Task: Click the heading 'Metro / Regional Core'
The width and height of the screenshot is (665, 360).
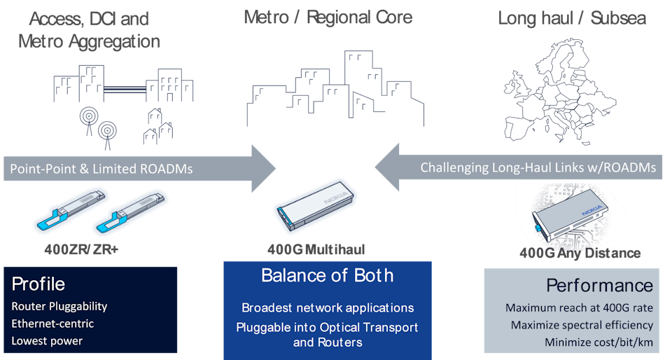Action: pyautogui.click(x=328, y=17)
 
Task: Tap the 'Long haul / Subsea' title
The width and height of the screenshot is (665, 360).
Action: pyautogui.click(x=571, y=18)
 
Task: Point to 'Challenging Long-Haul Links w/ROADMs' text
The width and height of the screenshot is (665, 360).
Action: pyautogui.click(x=538, y=168)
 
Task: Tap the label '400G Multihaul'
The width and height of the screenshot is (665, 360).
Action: pyautogui.click(x=316, y=249)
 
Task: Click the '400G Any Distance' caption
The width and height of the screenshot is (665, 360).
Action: pyautogui.click(x=571, y=254)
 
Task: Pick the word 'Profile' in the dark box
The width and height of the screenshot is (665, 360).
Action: pyautogui.click(x=38, y=284)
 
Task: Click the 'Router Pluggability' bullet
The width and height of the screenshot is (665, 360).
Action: pyautogui.click(x=59, y=306)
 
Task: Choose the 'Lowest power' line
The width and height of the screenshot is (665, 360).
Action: pyautogui.click(x=47, y=341)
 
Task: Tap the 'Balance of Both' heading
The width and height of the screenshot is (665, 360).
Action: pyautogui.click(x=327, y=275)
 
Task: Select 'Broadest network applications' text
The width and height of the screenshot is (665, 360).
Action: pyautogui.click(x=328, y=307)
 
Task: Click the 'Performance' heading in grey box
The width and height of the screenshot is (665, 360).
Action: pyautogui.click(x=599, y=286)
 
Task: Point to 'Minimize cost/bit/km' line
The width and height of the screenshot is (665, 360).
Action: pyautogui.click(x=598, y=342)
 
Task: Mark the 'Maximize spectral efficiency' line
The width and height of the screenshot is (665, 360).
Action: pyautogui.click(x=582, y=325)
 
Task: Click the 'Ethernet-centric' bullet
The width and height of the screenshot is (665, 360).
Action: pyautogui.click(x=52, y=324)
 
